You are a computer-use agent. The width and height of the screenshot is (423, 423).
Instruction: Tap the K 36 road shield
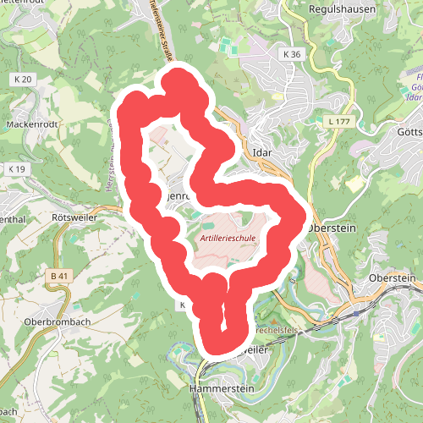coord(292,54)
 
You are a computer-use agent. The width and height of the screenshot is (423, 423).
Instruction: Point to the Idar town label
coord(262,153)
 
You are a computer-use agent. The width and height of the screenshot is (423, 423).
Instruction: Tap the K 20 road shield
coord(23,80)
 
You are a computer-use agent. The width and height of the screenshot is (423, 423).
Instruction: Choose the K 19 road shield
coord(17,169)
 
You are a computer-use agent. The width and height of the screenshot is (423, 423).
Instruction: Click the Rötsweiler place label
coord(71,217)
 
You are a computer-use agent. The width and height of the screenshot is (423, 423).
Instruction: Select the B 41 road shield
coord(58,276)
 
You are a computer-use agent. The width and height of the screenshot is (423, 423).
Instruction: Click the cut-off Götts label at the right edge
coord(409,132)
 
